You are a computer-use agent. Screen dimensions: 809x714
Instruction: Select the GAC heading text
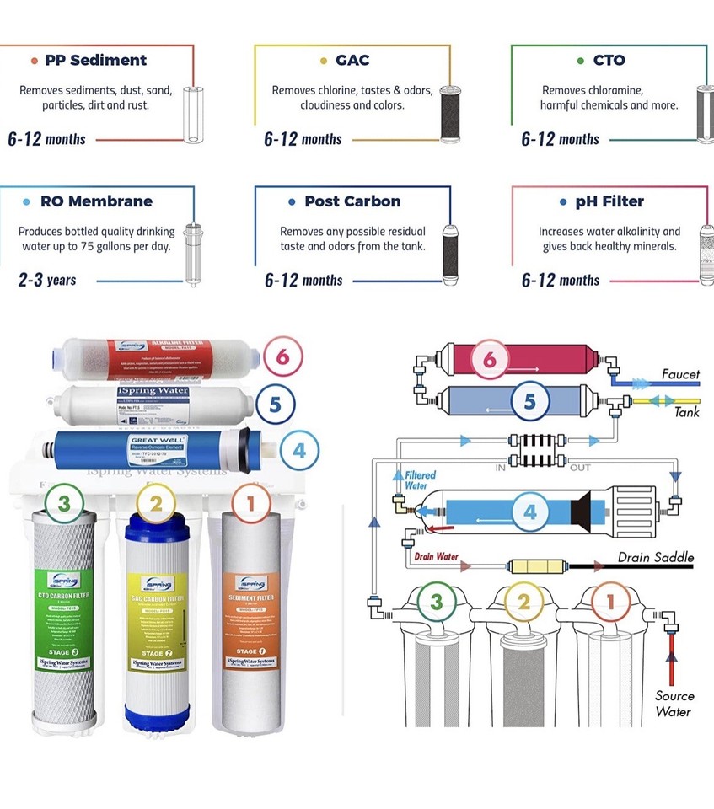(352, 60)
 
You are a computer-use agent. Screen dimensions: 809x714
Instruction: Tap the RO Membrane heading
(96, 201)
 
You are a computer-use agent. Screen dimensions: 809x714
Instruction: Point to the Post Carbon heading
(352, 201)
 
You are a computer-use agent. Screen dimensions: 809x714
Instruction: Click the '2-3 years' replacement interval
(47, 280)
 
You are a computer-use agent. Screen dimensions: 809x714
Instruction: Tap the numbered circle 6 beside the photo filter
(282, 356)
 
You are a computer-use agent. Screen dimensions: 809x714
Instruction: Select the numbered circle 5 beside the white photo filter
(275, 404)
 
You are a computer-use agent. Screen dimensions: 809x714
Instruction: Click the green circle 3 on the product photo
(64, 505)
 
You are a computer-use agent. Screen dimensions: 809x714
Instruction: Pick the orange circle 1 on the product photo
(250, 505)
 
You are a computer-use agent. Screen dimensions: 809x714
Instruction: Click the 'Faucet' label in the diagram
(679, 374)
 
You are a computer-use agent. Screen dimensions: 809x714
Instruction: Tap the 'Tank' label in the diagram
(686, 412)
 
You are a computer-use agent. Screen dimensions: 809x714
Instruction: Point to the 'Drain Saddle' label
(656, 557)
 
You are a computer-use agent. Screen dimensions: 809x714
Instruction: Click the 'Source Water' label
(674, 704)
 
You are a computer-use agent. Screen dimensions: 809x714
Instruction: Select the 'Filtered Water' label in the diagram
(420, 480)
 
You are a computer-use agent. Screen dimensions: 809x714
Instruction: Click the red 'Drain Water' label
(437, 556)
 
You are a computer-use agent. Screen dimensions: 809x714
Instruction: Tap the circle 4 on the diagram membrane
(529, 512)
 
